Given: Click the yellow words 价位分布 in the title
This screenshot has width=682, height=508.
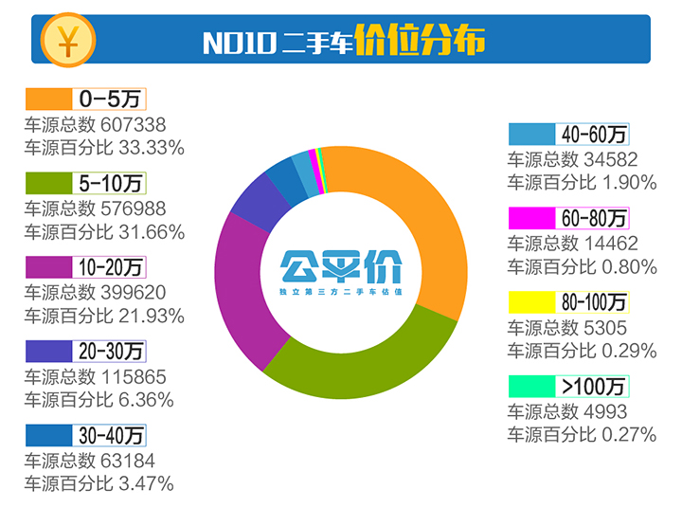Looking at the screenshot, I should click(420, 42).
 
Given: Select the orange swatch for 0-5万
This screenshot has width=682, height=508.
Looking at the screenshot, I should click(48, 100).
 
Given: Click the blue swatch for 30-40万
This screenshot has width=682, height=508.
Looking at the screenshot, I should click(48, 434).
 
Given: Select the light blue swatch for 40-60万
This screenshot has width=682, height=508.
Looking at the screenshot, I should click(532, 134).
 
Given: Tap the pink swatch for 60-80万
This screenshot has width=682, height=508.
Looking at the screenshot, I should click(532, 218).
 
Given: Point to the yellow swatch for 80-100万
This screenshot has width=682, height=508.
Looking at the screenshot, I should click(532, 302).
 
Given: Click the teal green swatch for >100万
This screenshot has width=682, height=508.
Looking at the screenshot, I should click(532, 386).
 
